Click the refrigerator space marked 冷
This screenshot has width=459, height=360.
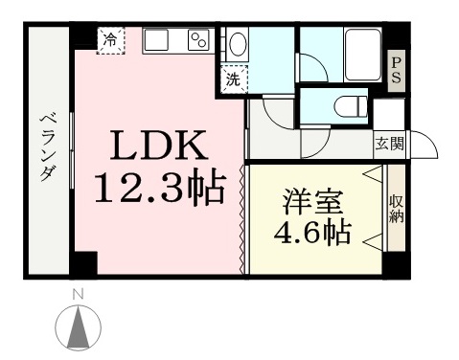[x=110, y=40]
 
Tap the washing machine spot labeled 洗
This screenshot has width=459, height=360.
[x=234, y=79]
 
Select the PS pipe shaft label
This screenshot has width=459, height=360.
[x=397, y=71]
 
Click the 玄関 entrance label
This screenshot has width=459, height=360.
[x=389, y=145]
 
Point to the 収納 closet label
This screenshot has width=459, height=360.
[x=397, y=209]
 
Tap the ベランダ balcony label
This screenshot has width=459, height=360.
[x=48, y=148]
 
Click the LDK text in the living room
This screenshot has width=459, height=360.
[x=159, y=146]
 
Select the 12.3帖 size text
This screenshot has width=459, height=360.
[x=160, y=189]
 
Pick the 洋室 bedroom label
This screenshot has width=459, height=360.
[x=312, y=202]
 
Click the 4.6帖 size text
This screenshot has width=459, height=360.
[x=312, y=233]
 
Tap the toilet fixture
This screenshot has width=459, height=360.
[x=351, y=105]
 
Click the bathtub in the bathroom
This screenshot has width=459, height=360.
[x=363, y=55]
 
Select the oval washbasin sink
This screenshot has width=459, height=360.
[x=238, y=44]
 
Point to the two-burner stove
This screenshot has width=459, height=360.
[x=198, y=40]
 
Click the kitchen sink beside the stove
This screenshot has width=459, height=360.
[x=157, y=40]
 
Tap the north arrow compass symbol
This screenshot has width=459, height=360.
[x=79, y=327]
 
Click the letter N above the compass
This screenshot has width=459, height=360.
[x=79, y=295]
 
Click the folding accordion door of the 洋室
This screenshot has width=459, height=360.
[x=242, y=219]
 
